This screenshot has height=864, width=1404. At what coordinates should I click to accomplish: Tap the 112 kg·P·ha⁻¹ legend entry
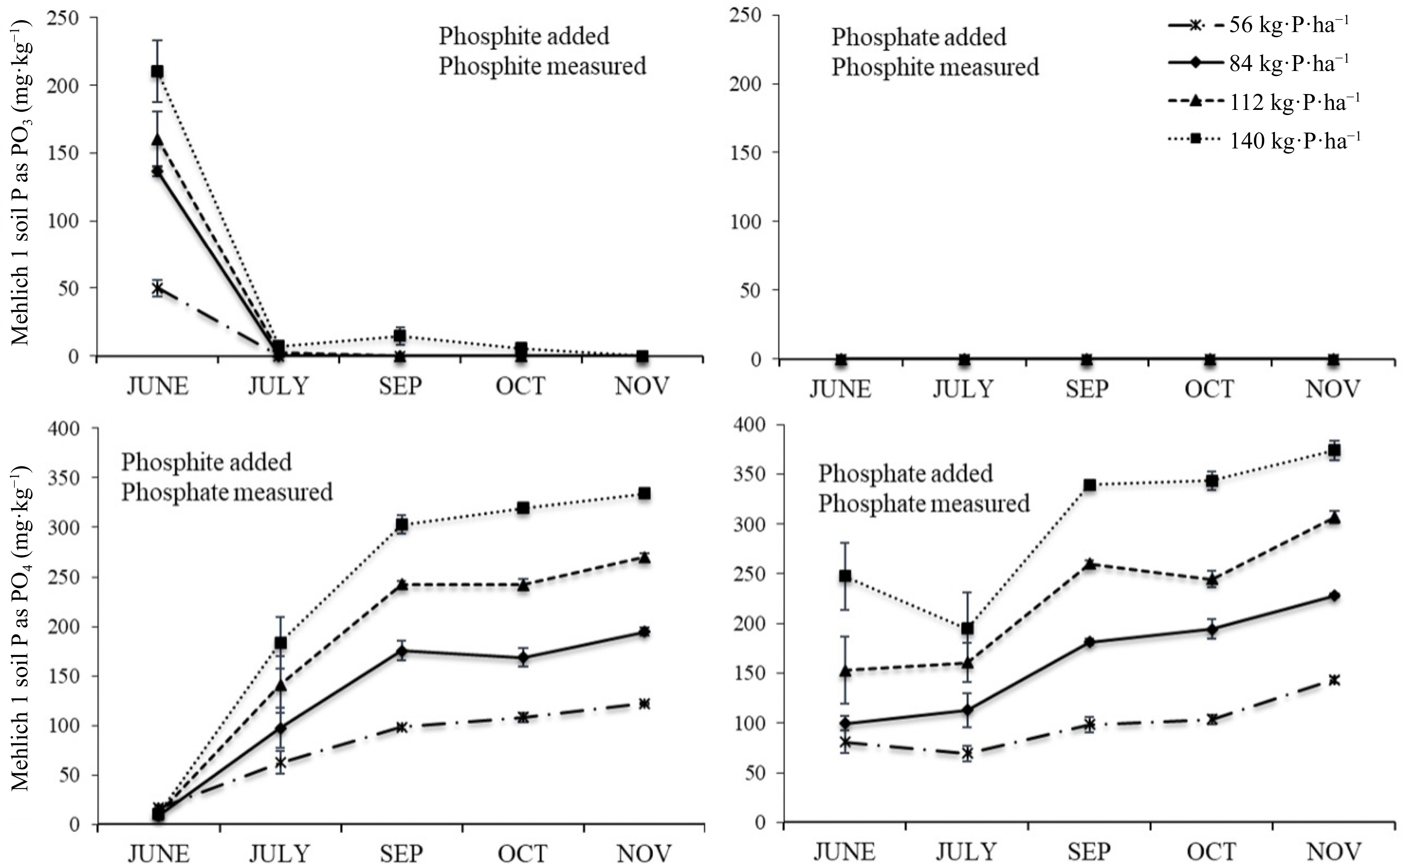pyautogui.click(x=1262, y=102)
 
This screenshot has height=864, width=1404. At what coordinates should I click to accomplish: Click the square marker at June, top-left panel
pyautogui.click(x=157, y=71)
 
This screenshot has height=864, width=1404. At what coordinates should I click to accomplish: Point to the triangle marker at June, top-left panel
pyautogui.click(x=157, y=139)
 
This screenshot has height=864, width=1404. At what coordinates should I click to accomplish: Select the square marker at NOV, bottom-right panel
pyautogui.click(x=1334, y=450)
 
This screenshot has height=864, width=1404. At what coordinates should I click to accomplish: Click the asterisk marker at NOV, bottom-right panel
pyautogui.click(x=1334, y=680)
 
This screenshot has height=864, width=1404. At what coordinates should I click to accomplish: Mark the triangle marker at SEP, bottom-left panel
pyautogui.click(x=402, y=584)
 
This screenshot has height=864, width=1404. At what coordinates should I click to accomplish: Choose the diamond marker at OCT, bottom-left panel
pyautogui.click(x=523, y=658)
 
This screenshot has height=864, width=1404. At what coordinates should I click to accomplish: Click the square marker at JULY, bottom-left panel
pyautogui.click(x=281, y=643)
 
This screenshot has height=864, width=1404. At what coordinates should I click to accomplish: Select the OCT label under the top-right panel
pyautogui.click(x=1209, y=389)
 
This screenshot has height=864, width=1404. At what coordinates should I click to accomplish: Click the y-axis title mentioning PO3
pyautogui.click(x=22, y=183)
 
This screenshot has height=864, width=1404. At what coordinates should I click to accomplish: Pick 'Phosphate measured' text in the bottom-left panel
pyautogui.click(x=227, y=492)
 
